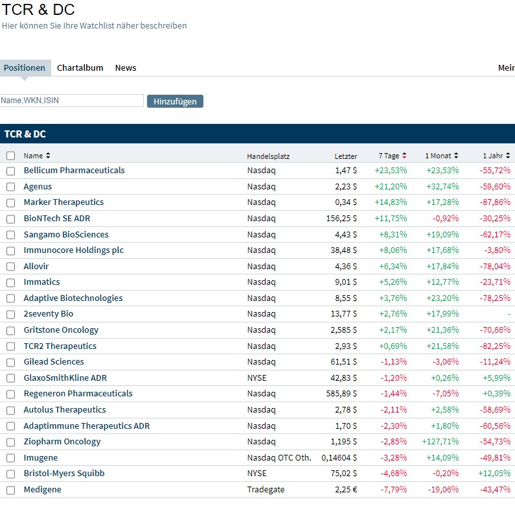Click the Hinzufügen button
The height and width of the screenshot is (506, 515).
pyautogui.click(x=175, y=101)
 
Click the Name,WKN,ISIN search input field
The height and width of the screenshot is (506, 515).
pyautogui.click(x=72, y=101)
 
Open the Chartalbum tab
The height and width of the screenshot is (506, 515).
pyautogui.click(x=80, y=67)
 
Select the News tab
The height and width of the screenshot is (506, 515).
pyautogui.click(x=126, y=67)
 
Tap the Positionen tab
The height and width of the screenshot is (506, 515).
pyautogui.click(x=25, y=67)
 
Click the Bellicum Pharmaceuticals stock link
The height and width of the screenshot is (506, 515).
pyautogui.click(x=74, y=171)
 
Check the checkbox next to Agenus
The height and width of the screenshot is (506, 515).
pyautogui.click(x=10, y=187)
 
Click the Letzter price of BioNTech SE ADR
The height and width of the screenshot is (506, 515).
pyautogui.click(x=341, y=219)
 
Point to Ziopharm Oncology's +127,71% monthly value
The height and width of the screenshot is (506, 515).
pyautogui.click(x=442, y=442)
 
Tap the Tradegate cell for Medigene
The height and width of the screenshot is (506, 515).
pyautogui.click(x=266, y=490)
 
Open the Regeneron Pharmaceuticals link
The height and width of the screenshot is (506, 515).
pyautogui.click(x=78, y=394)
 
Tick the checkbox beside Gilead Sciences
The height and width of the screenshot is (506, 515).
pyautogui.click(x=10, y=362)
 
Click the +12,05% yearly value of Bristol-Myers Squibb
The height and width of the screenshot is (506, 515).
pyautogui.click(x=496, y=474)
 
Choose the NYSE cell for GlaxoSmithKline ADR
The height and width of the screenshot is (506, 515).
pyautogui.click(x=257, y=378)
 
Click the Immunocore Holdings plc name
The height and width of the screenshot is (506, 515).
pyautogui.click(x=73, y=250)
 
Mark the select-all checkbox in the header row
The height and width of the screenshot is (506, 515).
pyautogui.click(x=10, y=156)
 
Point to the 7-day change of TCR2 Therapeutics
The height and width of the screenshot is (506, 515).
pyautogui.click(x=391, y=346)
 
